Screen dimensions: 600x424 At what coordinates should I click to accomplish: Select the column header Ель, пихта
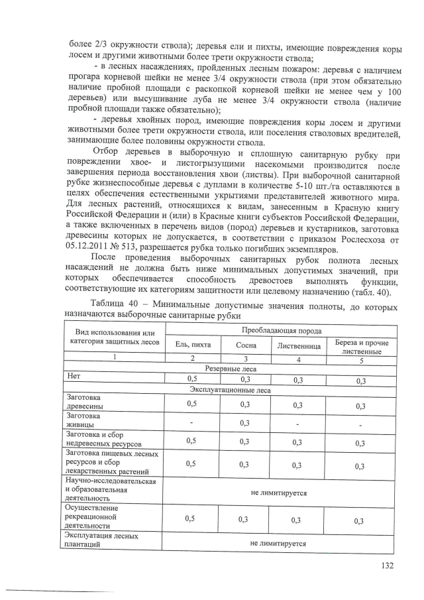(x=191, y=345)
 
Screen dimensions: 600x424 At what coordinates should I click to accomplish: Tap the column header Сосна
(x=246, y=345)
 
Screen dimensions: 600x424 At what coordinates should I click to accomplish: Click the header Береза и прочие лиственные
(x=361, y=347)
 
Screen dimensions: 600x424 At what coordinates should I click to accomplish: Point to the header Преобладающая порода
(x=282, y=330)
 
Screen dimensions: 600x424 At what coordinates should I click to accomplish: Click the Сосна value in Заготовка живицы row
(x=246, y=422)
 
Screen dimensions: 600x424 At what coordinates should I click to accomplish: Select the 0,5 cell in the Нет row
(x=191, y=379)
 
